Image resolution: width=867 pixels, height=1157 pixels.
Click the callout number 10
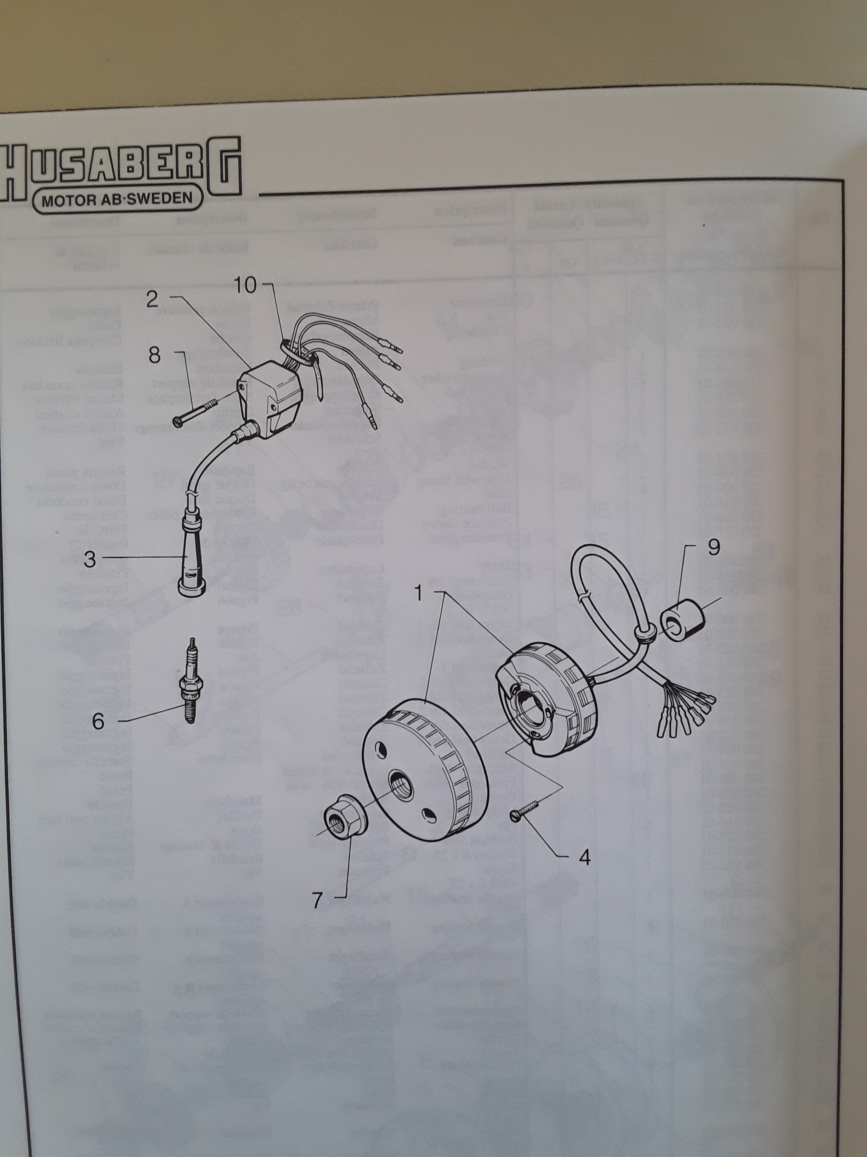[x=245, y=286]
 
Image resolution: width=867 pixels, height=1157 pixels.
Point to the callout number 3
[x=90, y=560]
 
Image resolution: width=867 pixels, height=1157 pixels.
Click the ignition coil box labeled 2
[x=272, y=398]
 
